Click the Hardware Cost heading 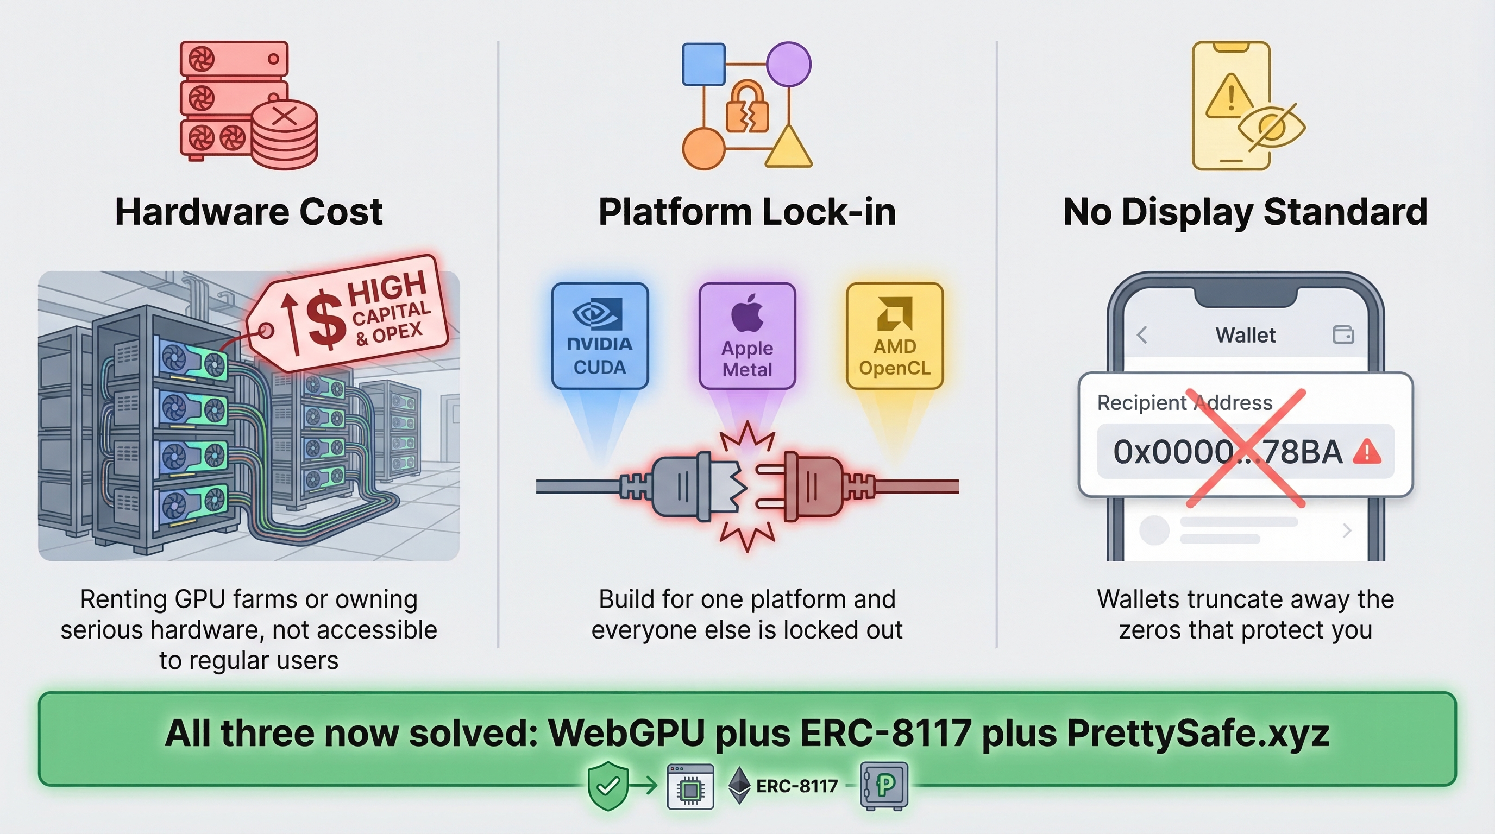(x=248, y=212)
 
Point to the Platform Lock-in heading (x=747, y=212)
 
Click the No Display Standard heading (x=1245, y=212)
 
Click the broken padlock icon (x=747, y=108)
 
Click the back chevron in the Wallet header (x=1141, y=334)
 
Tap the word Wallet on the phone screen (x=1246, y=335)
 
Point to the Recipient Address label (x=1184, y=402)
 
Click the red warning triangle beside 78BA (x=1367, y=452)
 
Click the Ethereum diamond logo (x=739, y=785)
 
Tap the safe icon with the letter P (x=883, y=785)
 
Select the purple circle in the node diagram (x=788, y=64)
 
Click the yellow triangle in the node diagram (x=788, y=148)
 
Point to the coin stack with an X (x=284, y=135)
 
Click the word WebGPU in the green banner (x=626, y=733)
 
